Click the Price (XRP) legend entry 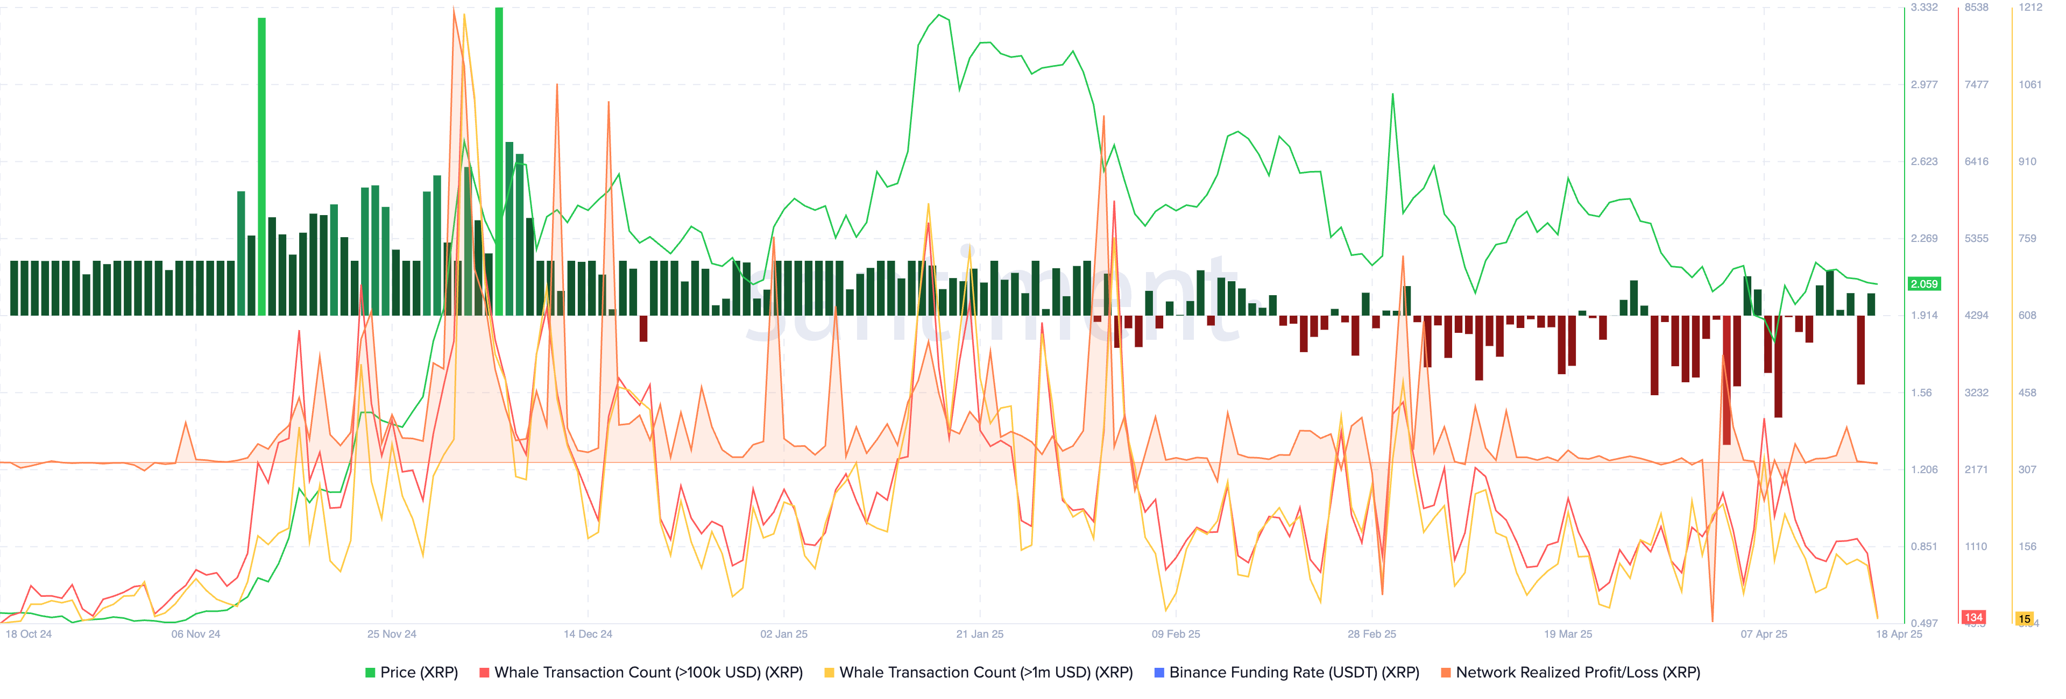[x=412, y=673]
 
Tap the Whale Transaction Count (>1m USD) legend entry [x=979, y=673]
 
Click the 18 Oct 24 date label [x=29, y=634]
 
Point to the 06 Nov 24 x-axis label [x=196, y=634]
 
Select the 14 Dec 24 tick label [x=588, y=634]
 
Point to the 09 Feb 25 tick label [x=1176, y=634]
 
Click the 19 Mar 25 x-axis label [x=1568, y=634]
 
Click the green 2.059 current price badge [x=1924, y=284]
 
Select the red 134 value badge [x=1974, y=617]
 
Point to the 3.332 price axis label [x=1924, y=7]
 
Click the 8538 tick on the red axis [x=1976, y=7]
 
